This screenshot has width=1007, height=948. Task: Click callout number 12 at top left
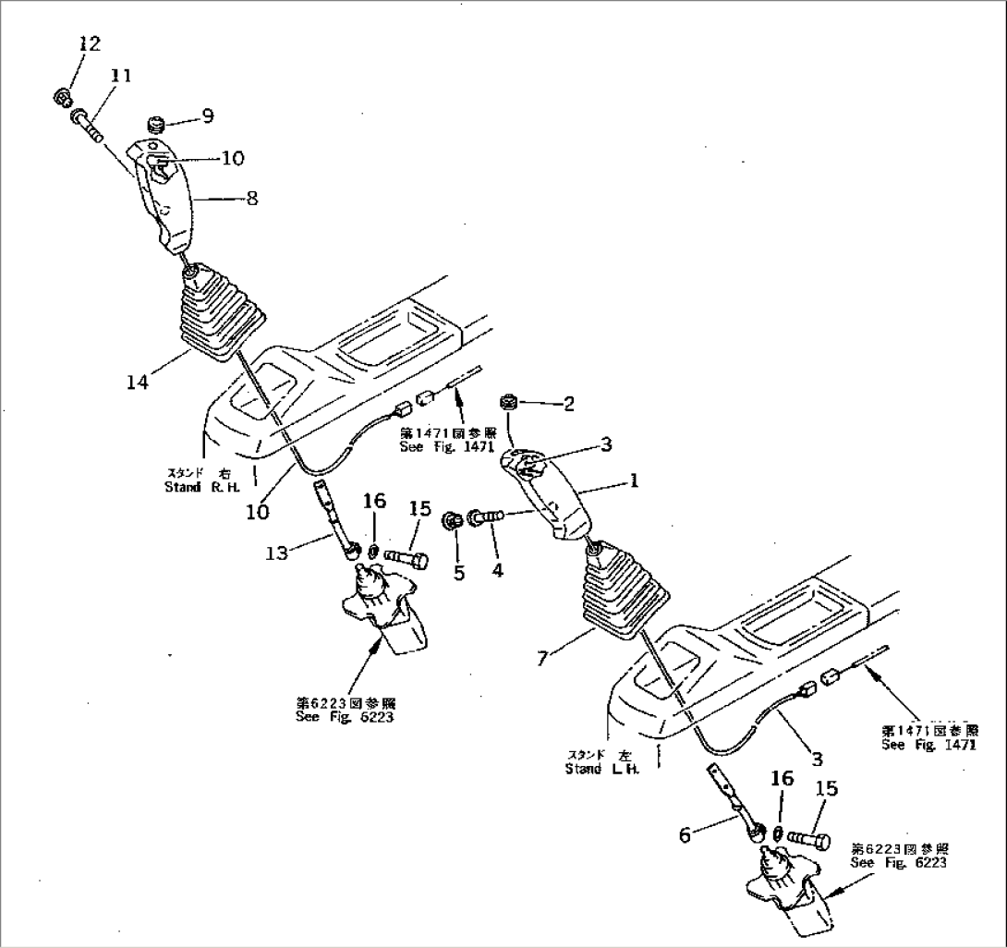coord(91,43)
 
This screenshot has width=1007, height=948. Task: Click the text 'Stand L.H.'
coord(601,768)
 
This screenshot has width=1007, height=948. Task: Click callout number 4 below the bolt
coord(497,572)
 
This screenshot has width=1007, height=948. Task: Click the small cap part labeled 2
coord(506,402)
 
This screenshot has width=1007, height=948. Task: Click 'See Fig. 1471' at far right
coord(928,745)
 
